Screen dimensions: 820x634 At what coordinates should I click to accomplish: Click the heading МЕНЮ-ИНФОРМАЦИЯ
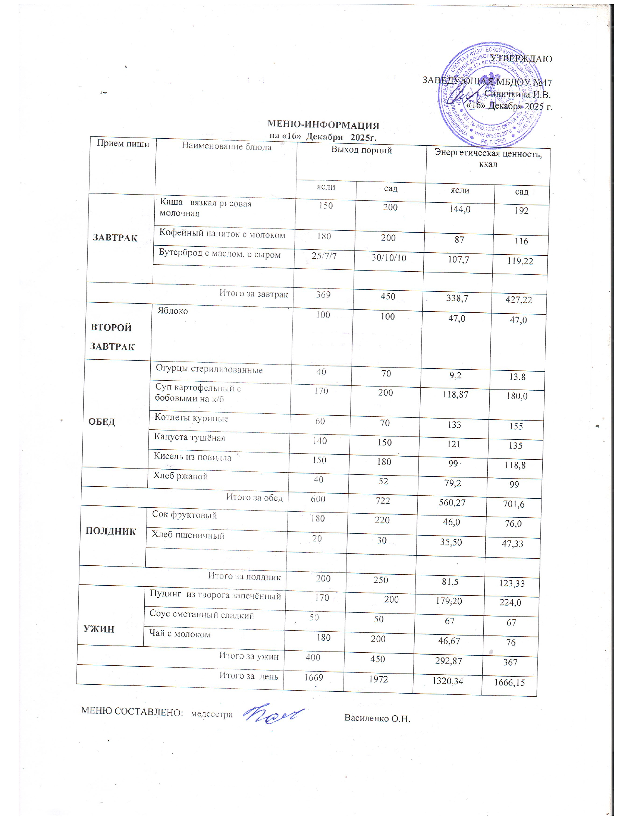323,125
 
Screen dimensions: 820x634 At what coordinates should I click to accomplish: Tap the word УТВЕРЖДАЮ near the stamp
521,59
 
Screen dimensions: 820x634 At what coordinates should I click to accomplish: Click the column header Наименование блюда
226,146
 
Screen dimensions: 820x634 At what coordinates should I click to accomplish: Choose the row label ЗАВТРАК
115,238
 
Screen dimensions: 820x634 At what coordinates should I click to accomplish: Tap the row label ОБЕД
101,422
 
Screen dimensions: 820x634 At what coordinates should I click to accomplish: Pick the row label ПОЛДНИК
111,532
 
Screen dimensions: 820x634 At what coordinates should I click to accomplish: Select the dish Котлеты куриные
191,418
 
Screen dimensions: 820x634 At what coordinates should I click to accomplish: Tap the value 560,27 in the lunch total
452,502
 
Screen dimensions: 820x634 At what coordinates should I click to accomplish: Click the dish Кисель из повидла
192,457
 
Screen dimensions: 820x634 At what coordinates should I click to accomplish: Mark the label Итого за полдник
244,576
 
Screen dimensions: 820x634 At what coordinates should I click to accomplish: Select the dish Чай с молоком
180,634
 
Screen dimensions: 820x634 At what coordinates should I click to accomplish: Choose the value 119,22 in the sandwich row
520,261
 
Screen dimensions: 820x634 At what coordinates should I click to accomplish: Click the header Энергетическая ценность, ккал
488,158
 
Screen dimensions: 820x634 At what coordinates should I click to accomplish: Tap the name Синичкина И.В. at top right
517,94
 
